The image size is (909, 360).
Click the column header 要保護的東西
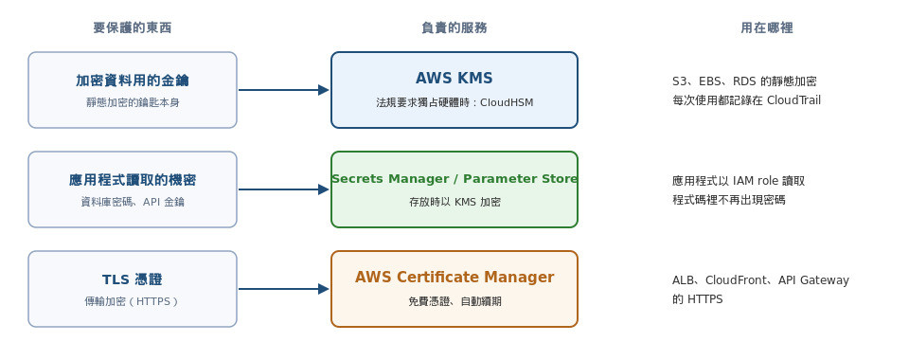[x=133, y=27]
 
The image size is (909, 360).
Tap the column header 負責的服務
[x=454, y=27]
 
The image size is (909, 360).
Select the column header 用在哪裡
[x=766, y=27]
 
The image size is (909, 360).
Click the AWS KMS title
[x=454, y=79]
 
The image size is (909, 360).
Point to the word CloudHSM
[x=507, y=102]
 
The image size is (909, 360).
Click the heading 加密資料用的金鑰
[x=133, y=81]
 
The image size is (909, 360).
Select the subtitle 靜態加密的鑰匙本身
[x=133, y=102]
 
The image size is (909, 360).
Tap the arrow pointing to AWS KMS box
[x=283, y=90]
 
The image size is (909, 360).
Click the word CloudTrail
[x=793, y=100]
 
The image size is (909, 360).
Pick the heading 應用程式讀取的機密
[x=133, y=180]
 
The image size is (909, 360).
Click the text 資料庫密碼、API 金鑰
[x=133, y=203]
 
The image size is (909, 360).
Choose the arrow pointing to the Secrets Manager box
[x=283, y=189]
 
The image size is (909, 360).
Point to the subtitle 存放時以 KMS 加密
[x=454, y=203]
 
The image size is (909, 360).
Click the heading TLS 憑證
[x=133, y=280]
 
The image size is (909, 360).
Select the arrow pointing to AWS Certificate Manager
[x=283, y=289]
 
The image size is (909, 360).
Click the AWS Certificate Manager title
[x=454, y=277]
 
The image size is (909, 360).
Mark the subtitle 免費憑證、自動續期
[x=454, y=301]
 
